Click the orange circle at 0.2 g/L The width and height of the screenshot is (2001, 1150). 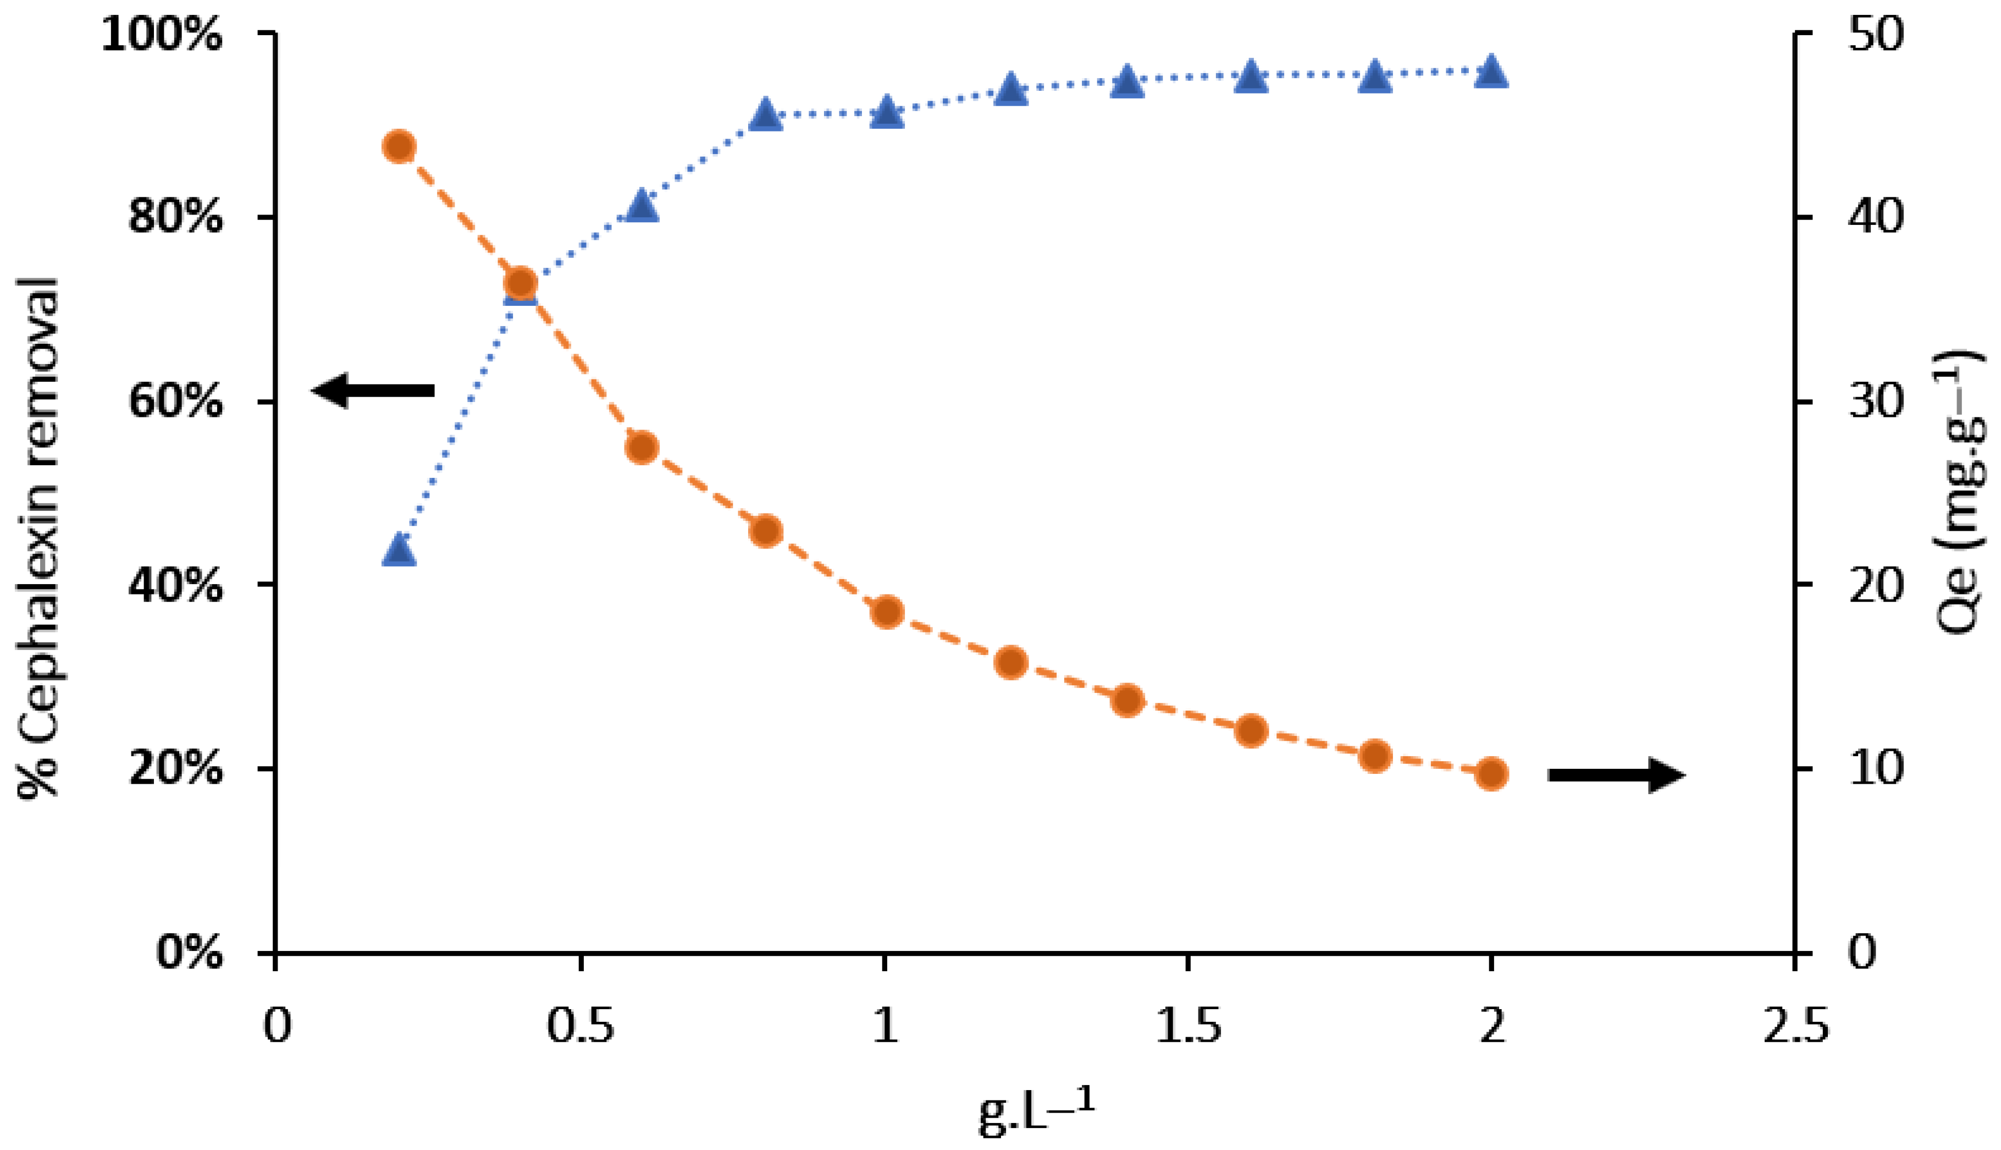coord(400,147)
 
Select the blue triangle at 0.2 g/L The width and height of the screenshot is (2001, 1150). coord(400,551)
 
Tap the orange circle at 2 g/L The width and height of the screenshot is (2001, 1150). coord(1491,773)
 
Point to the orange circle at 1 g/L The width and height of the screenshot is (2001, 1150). coord(887,612)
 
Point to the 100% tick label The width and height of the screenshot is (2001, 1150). coord(162,36)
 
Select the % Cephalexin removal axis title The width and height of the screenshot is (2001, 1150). coord(40,537)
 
